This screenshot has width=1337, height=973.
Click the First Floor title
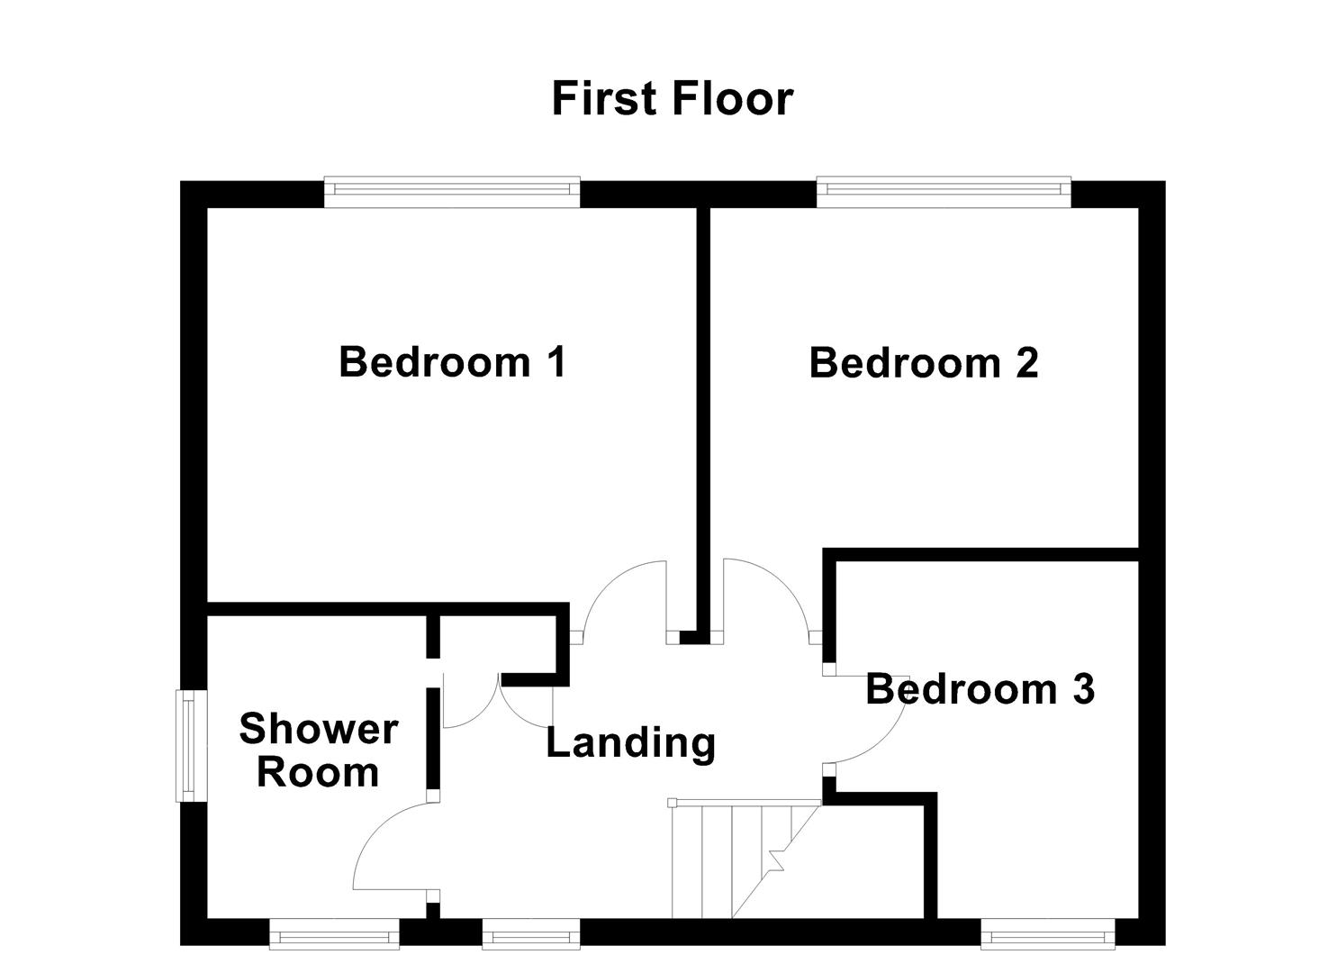point(672,98)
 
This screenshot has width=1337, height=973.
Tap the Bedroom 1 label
point(453,362)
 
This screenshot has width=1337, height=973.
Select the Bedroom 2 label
point(924,363)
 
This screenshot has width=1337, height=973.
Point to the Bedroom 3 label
point(980,689)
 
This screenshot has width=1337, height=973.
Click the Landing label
point(631,743)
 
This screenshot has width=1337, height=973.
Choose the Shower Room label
point(318,750)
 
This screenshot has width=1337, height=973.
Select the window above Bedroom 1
point(452,188)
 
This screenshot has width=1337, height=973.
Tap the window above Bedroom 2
point(944,188)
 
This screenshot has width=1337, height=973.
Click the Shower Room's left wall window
point(186,745)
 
